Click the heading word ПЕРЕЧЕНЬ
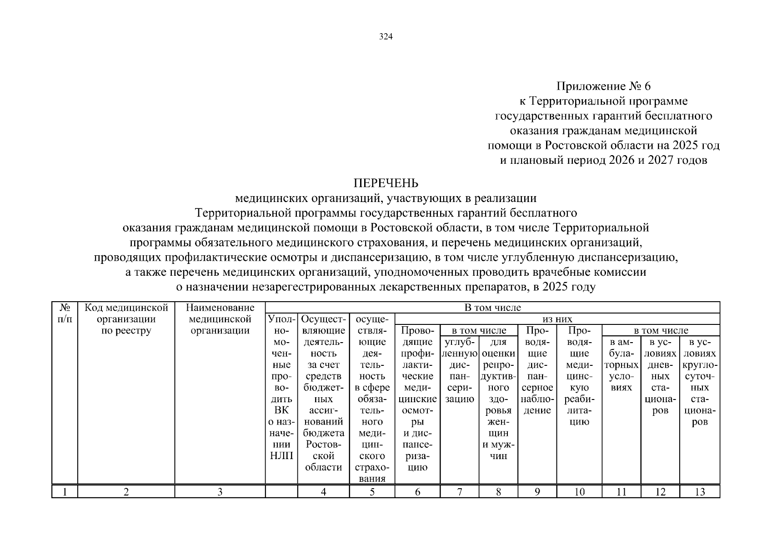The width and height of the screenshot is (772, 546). pyautogui.click(x=386, y=183)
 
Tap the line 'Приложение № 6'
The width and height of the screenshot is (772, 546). pyautogui.click(x=603, y=86)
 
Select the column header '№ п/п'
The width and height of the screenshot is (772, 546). pyautogui.click(x=65, y=313)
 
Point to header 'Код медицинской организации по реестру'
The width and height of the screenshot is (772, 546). pyautogui.click(x=126, y=319)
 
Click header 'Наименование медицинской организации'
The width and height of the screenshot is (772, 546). pyautogui.click(x=220, y=319)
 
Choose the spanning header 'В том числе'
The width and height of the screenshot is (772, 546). pyautogui.click(x=492, y=308)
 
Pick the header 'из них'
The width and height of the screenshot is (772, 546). pyautogui.click(x=557, y=319)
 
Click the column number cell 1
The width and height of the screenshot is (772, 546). pyautogui.click(x=65, y=492)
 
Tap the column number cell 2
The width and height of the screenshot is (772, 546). pyautogui.click(x=126, y=492)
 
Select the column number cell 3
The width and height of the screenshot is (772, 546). pyautogui.click(x=220, y=492)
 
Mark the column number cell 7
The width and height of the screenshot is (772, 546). pyautogui.click(x=459, y=492)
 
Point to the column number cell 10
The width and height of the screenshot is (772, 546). pyautogui.click(x=579, y=492)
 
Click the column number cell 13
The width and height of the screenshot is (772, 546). pyautogui.click(x=700, y=492)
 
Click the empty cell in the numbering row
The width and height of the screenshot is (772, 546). pyautogui.click(x=281, y=492)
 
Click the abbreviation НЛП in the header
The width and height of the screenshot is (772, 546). pyautogui.click(x=281, y=456)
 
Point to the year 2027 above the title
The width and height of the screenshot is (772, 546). pyautogui.click(x=657, y=160)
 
